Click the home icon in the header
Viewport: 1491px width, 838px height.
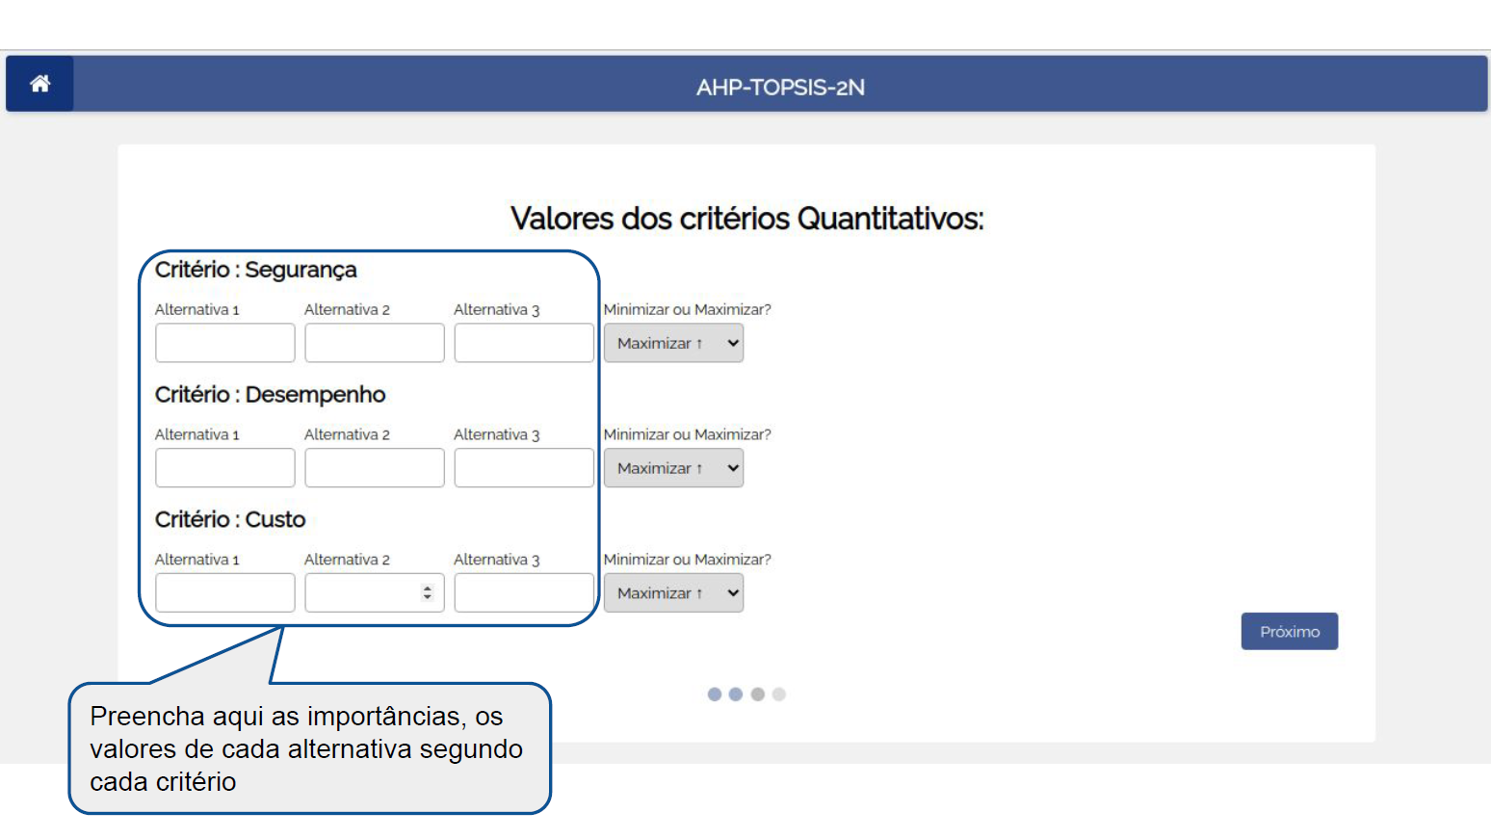point(39,83)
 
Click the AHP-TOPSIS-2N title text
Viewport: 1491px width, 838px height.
point(780,88)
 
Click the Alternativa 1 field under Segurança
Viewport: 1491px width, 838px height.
point(225,343)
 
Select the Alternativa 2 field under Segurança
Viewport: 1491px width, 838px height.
point(375,343)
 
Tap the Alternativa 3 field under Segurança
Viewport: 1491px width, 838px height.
point(524,343)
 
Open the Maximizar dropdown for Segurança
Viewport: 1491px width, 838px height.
point(673,343)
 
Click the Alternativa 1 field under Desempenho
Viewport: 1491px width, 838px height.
point(225,468)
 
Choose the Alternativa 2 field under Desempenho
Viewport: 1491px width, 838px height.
point(375,468)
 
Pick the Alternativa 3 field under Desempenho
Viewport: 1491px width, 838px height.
point(524,468)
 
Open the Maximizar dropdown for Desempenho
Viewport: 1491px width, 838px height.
point(673,468)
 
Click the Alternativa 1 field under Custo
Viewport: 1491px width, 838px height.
point(225,592)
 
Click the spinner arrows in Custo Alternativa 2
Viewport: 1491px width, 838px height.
point(428,592)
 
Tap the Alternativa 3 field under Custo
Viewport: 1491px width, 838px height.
point(524,592)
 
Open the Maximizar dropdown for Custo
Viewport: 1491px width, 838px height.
point(673,592)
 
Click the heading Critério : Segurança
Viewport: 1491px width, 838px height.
point(255,271)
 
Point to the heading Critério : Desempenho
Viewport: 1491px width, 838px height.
point(271,395)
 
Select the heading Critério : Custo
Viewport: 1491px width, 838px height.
point(230,519)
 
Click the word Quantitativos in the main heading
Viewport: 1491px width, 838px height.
point(891,219)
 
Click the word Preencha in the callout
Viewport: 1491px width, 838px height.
point(147,717)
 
